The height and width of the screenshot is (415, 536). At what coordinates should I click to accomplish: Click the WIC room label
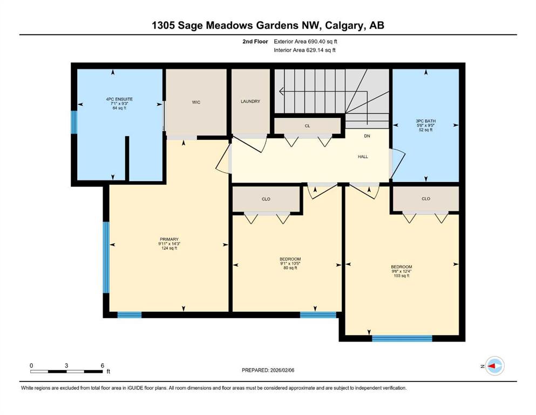(x=196, y=102)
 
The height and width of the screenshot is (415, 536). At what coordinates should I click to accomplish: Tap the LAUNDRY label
(x=250, y=101)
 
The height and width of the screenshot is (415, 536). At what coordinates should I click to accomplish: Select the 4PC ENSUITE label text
(x=119, y=99)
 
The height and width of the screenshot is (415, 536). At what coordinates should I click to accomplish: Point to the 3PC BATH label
(x=425, y=121)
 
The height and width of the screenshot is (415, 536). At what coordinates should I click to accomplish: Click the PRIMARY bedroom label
(x=169, y=239)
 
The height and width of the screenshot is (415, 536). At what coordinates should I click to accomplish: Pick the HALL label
(x=363, y=157)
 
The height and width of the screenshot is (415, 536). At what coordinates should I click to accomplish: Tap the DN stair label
(x=367, y=136)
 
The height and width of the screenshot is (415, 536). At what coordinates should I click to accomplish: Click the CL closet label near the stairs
(x=307, y=126)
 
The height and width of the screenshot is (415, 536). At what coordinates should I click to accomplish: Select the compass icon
(x=494, y=366)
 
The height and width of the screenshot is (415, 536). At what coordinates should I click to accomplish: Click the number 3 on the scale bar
(x=66, y=365)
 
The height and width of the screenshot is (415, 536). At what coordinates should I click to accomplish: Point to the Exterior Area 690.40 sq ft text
(x=306, y=42)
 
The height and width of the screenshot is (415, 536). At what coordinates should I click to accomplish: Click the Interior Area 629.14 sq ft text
(x=304, y=50)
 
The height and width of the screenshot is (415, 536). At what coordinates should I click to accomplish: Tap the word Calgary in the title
(x=344, y=25)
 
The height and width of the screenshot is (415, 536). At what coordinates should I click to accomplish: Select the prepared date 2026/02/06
(x=282, y=370)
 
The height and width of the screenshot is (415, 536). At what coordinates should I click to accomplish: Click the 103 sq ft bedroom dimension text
(x=401, y=276)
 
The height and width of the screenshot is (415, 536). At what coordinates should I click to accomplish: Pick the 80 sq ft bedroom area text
(x=290, y=268)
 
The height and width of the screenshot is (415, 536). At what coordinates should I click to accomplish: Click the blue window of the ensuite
(x=74, y=122)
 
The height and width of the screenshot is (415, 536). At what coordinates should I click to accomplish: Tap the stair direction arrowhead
(x=281, y=91)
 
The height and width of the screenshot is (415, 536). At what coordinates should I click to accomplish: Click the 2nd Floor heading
(x=255, y=42)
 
